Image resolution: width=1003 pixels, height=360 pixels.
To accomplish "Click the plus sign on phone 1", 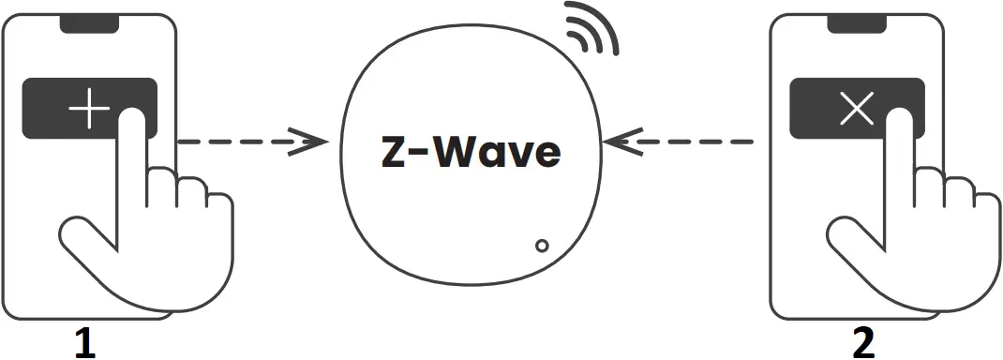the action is pos(89,111).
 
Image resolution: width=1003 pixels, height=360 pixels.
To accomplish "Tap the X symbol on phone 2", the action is pos(858,111).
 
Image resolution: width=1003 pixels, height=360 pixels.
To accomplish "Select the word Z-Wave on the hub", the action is pos(471,153).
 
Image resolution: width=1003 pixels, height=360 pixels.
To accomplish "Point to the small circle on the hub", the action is pos(541,247).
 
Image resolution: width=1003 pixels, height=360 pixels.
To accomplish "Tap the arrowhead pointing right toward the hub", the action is pos(314,142).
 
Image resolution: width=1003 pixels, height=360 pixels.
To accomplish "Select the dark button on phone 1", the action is pos(47,109).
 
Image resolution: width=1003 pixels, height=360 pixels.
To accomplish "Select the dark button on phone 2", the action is pos(816,109).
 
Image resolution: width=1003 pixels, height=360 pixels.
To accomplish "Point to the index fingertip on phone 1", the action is pos(133,119).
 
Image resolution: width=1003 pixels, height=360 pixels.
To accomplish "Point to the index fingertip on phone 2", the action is pos(901,119).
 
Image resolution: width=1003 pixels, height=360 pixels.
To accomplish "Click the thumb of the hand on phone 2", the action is pos(848,234).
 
